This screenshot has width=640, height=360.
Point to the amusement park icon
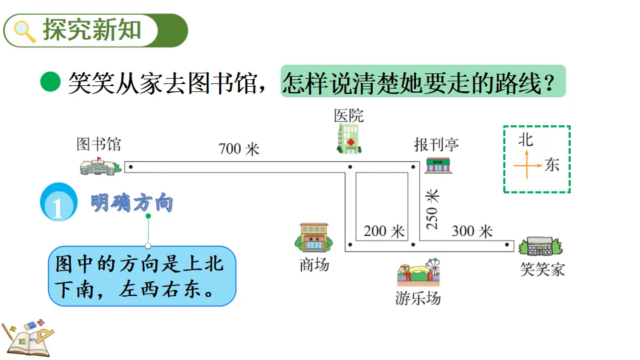point(418,273)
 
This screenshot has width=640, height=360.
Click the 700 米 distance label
point(239,149)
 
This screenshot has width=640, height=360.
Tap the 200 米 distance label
point(384,231)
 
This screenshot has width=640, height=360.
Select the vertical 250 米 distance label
point(433,209)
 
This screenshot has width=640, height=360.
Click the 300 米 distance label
point(472,231)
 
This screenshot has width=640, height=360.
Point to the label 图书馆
point(99,144)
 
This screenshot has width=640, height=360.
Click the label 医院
point(349,115)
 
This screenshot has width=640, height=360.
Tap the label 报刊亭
point(437,144)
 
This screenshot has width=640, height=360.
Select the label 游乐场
point(418,298)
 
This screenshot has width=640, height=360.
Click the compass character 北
point(526,139)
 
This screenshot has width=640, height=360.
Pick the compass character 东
point(552,164)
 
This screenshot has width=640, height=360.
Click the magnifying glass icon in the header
point(25,31)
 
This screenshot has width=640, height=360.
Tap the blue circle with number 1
point(59,203)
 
